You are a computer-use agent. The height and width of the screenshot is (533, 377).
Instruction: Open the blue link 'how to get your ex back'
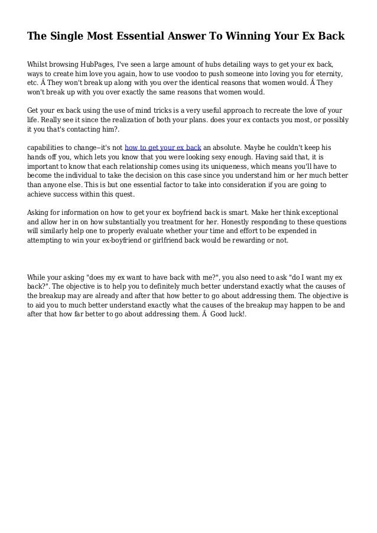click(163, 147)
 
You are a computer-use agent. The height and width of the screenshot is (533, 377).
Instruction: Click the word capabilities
click(50, 147)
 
